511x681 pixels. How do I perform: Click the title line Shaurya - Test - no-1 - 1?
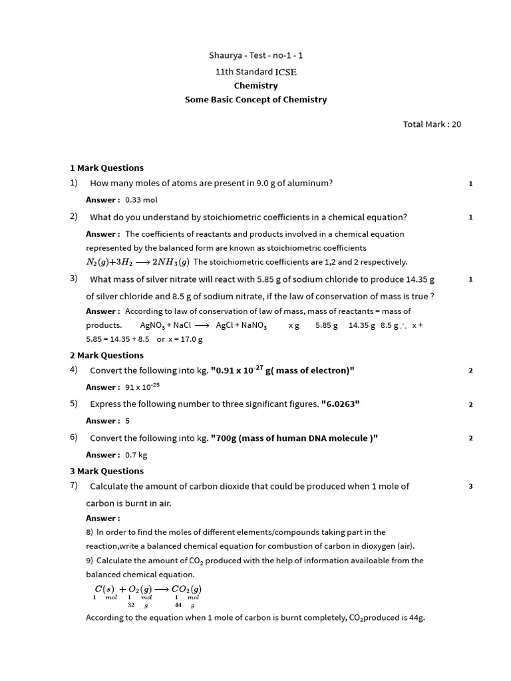tap(255, 56)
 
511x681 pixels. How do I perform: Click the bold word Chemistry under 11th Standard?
tap(255, 86)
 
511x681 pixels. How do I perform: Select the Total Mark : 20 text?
tap(432, 124)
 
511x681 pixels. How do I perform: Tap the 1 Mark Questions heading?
tap(106, 168)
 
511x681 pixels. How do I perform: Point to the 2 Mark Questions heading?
tap(106, 356)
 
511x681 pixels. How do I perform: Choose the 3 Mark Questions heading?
tap(106, 472)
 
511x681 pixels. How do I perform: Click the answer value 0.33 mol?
tap(141, 200)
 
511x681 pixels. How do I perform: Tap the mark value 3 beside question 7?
tap(470, 487)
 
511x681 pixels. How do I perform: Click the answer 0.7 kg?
tap(136, 456)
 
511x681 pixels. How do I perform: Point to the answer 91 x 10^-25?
tap(142, 387)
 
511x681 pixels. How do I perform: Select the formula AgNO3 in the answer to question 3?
tap(152, 326)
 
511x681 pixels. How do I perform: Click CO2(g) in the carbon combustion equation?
tap(186, 589)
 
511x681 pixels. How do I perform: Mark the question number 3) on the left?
tap(74, 279)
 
